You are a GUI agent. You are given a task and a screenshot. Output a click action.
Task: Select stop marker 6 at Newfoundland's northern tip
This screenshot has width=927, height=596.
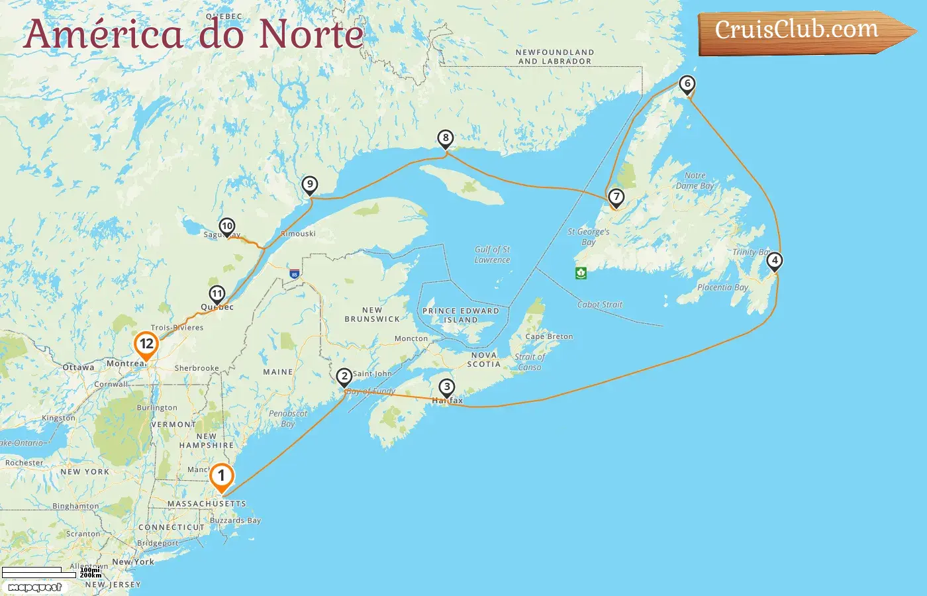(x=687, y=84)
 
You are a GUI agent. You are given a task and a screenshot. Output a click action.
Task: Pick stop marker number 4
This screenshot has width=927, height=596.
(x=775, y=261)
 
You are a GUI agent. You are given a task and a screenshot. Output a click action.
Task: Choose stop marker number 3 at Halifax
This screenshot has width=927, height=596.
(x=447, y=387)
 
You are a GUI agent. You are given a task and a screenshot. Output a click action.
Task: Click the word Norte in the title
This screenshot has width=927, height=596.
(x=311, y=34)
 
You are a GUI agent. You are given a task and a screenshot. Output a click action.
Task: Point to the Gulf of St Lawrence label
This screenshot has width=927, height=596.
(x=492, y=255)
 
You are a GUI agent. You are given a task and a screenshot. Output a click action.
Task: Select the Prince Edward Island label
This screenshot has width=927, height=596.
(x=461, y=315)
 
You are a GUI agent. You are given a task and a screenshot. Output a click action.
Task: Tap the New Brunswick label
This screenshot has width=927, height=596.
(x=372, y=315)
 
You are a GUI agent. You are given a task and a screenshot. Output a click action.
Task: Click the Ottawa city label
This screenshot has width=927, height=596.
(x=78, y=368)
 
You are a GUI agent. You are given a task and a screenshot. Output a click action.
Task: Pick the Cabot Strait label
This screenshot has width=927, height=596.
(x=600, y=305)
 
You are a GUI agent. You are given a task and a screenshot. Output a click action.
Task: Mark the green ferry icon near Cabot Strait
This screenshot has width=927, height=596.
(x=581, y=273)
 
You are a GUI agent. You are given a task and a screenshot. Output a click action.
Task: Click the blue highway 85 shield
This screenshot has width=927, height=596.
(x=294, y=273)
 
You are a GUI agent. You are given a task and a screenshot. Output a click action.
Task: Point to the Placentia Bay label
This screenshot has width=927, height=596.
(x=722, y=287)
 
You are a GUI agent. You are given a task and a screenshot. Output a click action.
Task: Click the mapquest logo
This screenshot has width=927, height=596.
(x=34, y=587)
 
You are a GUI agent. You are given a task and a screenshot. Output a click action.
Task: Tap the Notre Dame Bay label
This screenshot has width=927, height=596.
(x=695, y=181)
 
